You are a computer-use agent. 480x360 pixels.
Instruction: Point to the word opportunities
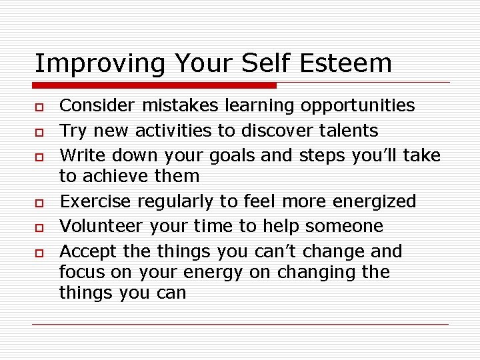(357, 106)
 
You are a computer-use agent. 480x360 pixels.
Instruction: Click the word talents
(345, 131)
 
